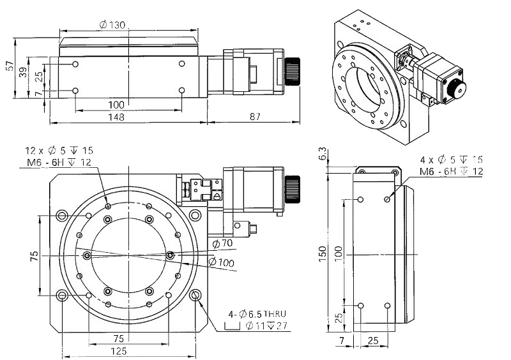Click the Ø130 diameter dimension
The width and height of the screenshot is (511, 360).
(x=112, y=24)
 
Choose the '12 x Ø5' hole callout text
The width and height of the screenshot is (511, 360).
(x=59, y=151)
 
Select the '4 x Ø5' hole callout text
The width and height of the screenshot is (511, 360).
(x=451, y=160)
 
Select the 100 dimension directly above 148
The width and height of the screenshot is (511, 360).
(x=116, y=105)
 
